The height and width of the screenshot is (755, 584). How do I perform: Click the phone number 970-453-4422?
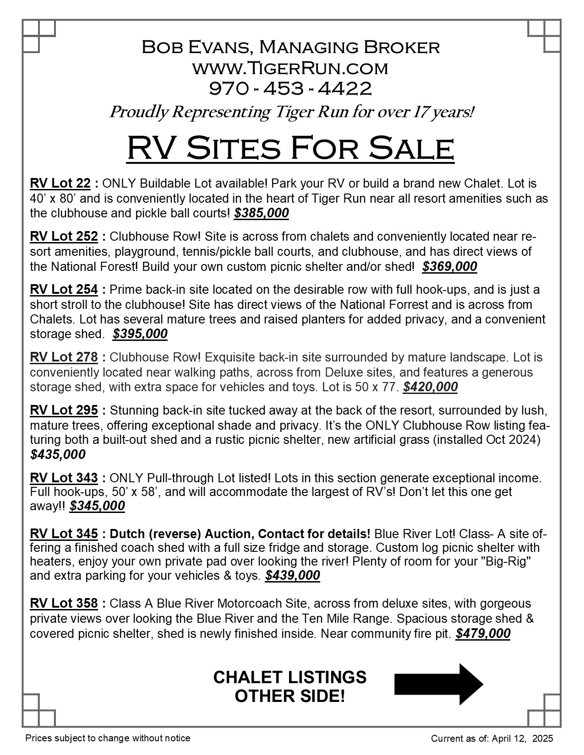coord(290,88)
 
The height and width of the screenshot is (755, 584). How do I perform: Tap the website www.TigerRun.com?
coord(290,68)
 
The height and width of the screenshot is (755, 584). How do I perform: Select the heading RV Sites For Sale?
coord(290,148)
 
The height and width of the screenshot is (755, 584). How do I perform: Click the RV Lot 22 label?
coord(60,183)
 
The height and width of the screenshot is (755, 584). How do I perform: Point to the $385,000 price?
coord(261,213)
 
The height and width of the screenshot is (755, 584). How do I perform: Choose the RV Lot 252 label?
coord(64,237)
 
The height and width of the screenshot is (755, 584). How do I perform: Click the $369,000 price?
coord(449,266)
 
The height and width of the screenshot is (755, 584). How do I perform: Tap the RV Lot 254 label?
coord(64,290)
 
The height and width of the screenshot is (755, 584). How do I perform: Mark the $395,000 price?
coord(140,334)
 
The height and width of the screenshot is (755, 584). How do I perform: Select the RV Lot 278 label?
coord(64,357)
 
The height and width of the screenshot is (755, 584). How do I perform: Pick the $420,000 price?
coord(430,387)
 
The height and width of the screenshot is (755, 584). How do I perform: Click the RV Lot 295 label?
coord(64,410)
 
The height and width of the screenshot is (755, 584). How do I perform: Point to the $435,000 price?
coord(58,454)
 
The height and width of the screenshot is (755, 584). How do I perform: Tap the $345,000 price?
coord(97,506)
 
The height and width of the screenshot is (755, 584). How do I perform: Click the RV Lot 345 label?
coord(64,534)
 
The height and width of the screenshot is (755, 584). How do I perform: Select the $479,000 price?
coord(483,634)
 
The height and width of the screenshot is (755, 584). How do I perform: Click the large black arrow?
coord(438,684)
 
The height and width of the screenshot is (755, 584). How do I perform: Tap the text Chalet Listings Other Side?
coord(290,686)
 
